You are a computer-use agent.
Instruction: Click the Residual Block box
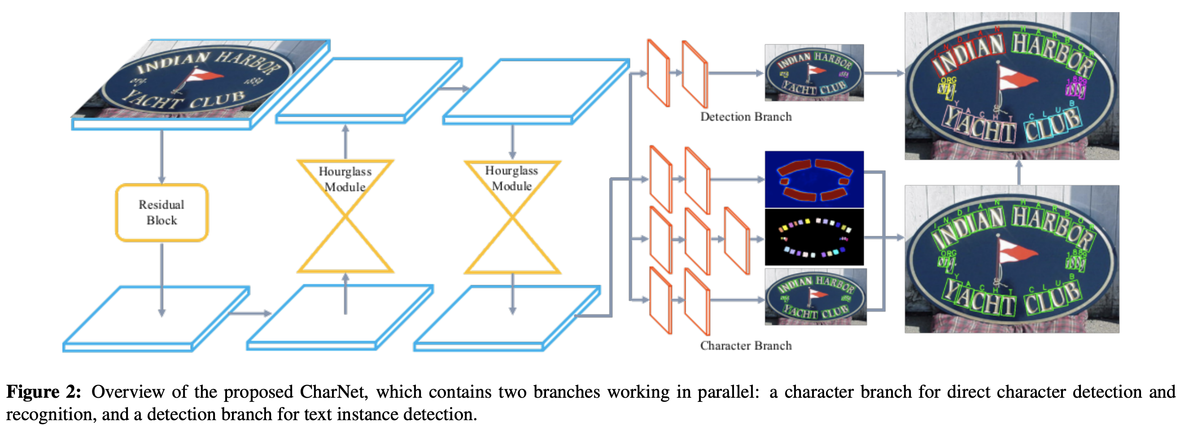pos(162,213)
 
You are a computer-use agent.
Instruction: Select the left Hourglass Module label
pos(345,179)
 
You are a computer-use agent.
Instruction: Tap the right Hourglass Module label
pos(511,178)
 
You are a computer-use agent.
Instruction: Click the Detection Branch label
pos(745,117)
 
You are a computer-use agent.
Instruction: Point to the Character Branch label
pos(745,345)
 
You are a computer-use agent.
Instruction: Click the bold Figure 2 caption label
pos(44,392)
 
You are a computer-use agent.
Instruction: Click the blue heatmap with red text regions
pos(814,179)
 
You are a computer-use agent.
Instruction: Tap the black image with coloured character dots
pos(814,237)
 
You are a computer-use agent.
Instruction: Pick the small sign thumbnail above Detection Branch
pos(814,72)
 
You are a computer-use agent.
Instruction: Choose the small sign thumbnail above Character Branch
pos(815,297)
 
